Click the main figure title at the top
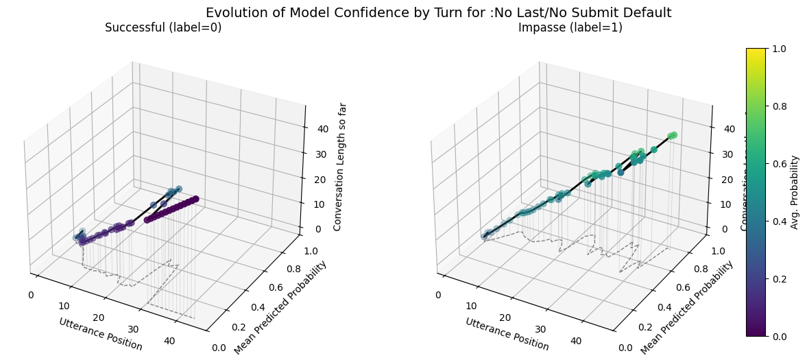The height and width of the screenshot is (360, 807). [438, 13]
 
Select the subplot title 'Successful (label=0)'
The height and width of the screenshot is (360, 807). [163, 28]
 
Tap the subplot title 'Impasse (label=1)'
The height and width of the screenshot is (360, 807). [570, 28]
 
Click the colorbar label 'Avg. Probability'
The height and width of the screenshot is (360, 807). [795, 192]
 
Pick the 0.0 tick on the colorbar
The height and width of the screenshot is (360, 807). [778, 336]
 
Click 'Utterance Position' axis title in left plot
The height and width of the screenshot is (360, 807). [101, 334]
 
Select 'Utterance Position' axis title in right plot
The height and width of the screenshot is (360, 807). [507, 334]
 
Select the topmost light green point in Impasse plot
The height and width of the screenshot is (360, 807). [673, 135]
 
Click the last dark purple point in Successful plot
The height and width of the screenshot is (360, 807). [195, 199]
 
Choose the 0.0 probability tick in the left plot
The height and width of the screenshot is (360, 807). [219, 348]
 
